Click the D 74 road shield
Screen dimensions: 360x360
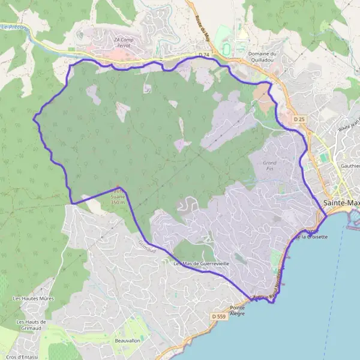coord(205,55)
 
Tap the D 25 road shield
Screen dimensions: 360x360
coord(299,119)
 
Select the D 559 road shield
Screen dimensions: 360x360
coord(218,316)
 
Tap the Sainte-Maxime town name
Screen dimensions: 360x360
coord(341,203)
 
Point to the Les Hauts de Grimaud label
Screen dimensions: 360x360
coord(30,325)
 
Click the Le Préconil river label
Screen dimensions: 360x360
coord(13,27)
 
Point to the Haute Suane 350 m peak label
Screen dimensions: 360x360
coord(118,198)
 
